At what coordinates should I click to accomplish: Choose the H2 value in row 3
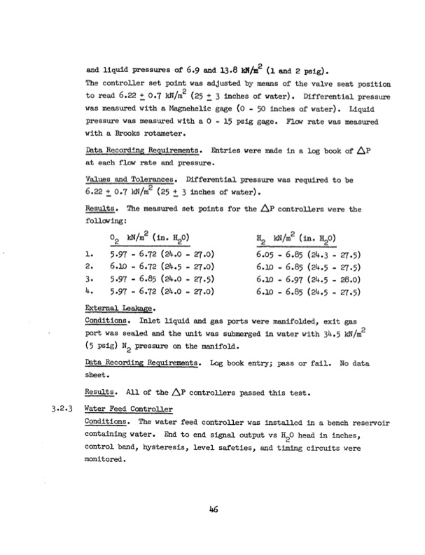pyautogui.click(x=309, y=279)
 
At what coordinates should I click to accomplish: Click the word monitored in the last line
pyautogui.click(x=105, y=460)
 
